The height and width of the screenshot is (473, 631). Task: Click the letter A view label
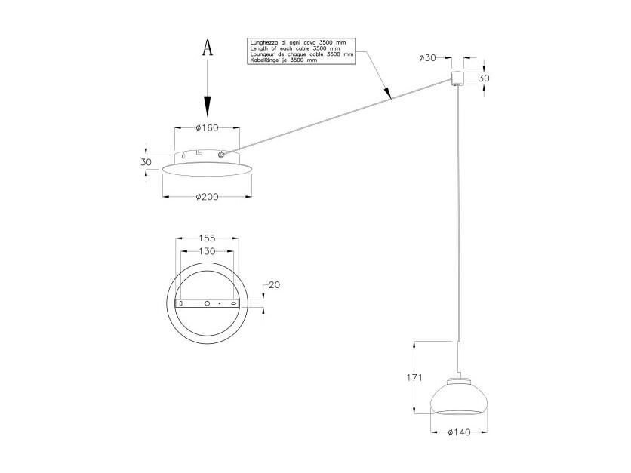pos(208,47)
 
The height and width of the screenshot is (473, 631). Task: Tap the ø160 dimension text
pos(207,128)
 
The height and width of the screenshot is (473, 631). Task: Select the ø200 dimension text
pos(208,197)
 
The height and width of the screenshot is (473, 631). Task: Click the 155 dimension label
pos(207,238)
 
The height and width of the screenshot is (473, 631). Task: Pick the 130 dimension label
pos(207,251)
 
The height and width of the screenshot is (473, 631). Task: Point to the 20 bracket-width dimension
pos(274,284)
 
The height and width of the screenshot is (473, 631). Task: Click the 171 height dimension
pos(414,378)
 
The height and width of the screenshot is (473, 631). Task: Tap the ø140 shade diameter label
pos(459,432)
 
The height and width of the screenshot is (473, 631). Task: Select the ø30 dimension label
pos(427,58)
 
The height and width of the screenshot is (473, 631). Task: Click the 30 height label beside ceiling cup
pos(484,78)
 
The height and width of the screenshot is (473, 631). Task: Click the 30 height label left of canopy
pos(146,162)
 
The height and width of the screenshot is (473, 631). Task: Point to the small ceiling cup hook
pos(457,78)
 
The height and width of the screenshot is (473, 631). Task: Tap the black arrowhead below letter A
pos(208,106)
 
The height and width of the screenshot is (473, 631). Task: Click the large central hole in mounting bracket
pos(207,303)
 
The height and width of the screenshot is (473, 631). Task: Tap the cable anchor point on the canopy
pos(221,155)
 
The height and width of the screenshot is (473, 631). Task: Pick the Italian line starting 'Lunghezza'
pos(298,42)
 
